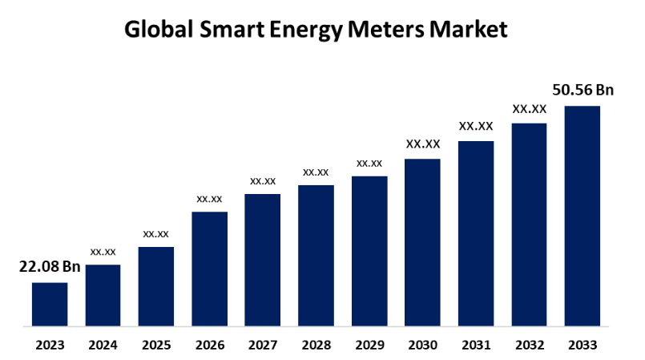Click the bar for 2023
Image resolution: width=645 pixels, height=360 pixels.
click(50, 305)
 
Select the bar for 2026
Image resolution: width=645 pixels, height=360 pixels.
click(210, 269)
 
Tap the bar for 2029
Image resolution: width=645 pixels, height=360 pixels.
click(369, 252)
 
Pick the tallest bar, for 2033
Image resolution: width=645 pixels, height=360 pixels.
click(583, 216)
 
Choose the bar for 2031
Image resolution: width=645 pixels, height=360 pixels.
click(476, 234)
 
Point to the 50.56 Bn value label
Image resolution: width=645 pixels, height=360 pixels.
click(583, 90)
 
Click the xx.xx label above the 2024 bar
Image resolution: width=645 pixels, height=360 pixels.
click(103, 252)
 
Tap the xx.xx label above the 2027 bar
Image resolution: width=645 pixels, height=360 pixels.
click(263, 181)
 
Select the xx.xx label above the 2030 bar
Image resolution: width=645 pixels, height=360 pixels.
click(423, 144)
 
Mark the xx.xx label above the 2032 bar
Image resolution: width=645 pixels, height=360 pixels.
click(530, 108)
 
